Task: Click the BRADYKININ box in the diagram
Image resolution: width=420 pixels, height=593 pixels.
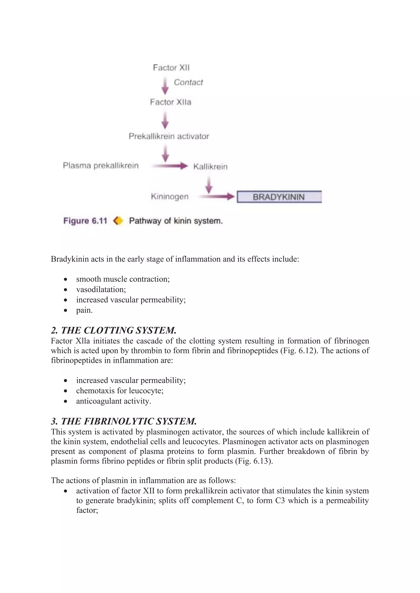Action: tap(279, 197)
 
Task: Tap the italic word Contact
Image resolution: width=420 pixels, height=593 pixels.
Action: tap(188, 82)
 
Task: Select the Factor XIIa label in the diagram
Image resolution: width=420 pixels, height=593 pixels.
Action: tap(170, 102)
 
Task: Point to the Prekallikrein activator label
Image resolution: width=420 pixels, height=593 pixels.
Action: tap(169, 136)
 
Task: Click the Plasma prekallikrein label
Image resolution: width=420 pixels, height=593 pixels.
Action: tap(101, 166)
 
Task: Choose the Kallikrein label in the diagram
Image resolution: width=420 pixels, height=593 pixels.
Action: tap(210, 167)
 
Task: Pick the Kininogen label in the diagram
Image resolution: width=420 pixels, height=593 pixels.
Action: tap(170, 197)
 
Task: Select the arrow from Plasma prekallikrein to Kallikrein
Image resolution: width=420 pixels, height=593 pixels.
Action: tap(170, 166)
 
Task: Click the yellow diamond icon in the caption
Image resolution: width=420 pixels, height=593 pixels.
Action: tap(118, 221)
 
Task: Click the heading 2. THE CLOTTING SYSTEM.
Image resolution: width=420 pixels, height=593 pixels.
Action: tap(114, 330)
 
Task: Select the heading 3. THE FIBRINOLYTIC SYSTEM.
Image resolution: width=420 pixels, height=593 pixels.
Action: tap(124, 421)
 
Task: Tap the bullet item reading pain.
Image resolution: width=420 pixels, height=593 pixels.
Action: tap(84, 310)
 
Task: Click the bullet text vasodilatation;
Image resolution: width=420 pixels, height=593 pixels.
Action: tap(101, 290)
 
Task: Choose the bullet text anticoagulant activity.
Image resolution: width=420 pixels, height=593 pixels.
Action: tap(114, 401)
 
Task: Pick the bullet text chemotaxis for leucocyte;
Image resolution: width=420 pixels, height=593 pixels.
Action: tap(120, 391)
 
